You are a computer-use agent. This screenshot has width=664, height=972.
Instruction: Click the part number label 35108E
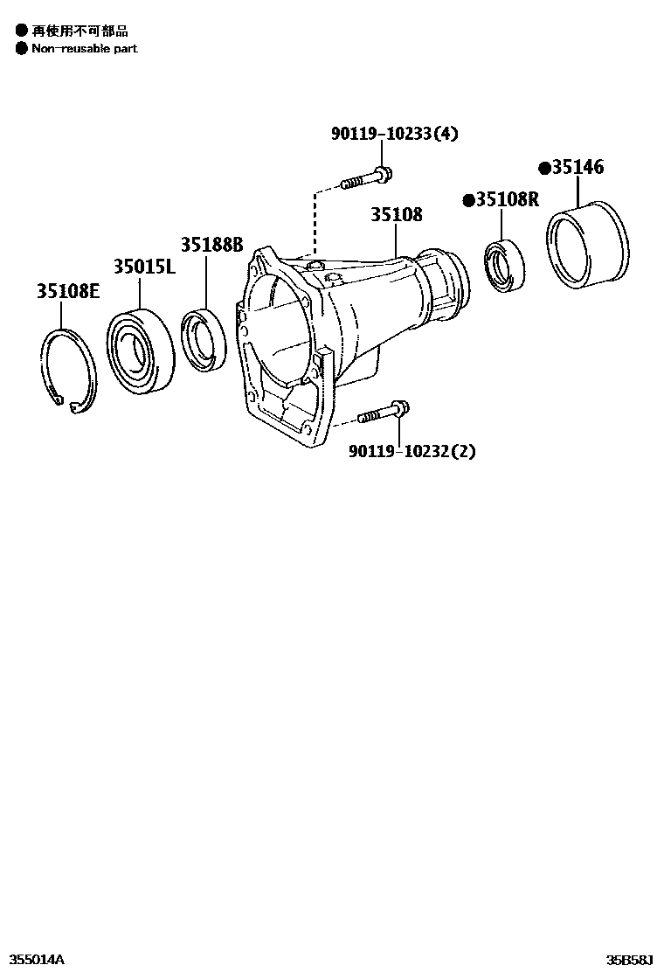click(68, 291)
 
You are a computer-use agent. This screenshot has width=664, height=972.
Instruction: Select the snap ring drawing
click(68, 368)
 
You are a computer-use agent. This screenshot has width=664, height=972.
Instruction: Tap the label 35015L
click(144, 267)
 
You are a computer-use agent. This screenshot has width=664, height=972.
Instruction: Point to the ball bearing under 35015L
click(142, 349)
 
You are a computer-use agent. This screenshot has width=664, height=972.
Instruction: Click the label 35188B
click(211, 244)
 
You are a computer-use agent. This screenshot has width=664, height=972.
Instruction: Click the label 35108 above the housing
click(396, 214)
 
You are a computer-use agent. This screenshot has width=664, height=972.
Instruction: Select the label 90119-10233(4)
click(394, 134)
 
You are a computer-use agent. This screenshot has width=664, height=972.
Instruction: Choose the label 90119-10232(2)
click(412, 451)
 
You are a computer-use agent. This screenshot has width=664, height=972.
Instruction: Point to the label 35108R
click(507, 199)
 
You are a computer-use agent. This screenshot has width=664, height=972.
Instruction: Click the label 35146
click(576, 167)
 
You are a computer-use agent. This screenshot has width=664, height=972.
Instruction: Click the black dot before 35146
click(543, 168)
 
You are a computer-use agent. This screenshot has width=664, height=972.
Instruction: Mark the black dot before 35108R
click(468, 200)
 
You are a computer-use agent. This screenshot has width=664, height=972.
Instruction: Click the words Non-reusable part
click(85, 48)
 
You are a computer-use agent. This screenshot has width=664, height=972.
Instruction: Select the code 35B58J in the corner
click(631, 960)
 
